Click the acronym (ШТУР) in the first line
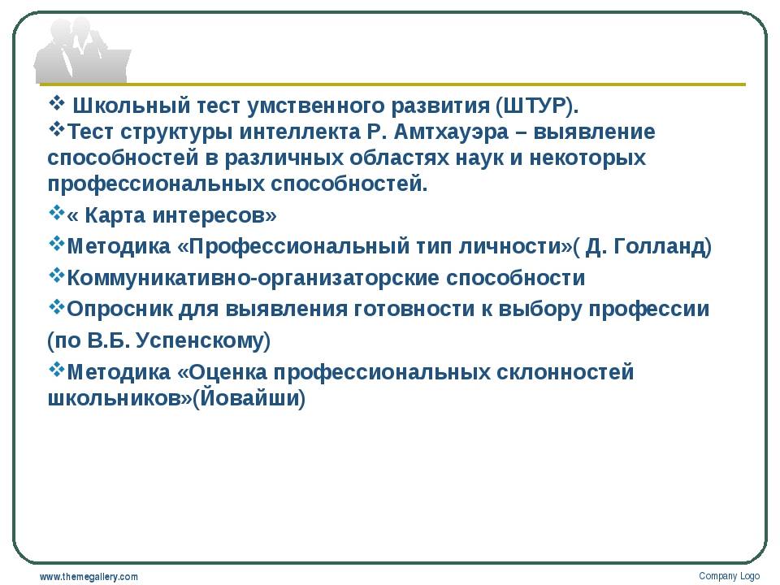coord(537,106)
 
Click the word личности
coord(513,247)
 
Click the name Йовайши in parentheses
coord(249,398)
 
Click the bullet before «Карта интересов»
coord(57,213)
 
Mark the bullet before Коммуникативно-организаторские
coord(57,275)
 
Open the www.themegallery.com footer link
coord(89,577)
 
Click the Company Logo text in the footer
coord(730,576)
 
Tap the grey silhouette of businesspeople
coord(80,50)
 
